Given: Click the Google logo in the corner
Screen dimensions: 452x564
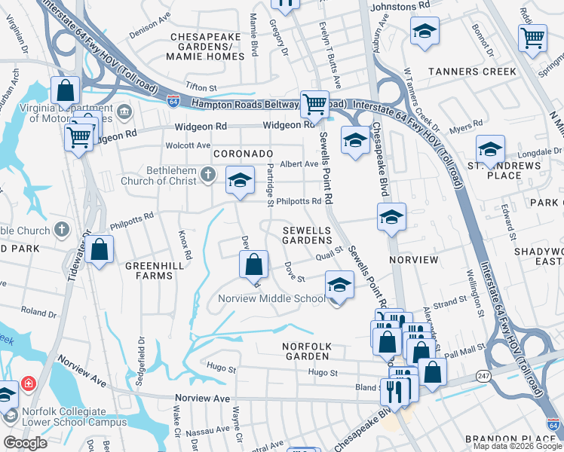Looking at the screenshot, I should [x=25, y=443].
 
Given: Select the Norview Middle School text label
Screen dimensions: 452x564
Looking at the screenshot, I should [x=271, y=298].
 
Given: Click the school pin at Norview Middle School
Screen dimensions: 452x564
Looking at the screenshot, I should [x=339, y=286].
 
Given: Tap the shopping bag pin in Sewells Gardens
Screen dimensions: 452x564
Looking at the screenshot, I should [x=254, y=264].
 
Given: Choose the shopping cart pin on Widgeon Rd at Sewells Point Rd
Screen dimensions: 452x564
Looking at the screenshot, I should [x=314, y=104].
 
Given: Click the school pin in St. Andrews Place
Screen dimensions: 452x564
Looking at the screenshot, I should [x=489, y=148].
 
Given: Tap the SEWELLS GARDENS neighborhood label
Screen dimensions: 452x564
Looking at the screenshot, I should [x=307, y=234].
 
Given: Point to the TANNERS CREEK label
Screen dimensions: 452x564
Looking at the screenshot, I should [x=472, y=72].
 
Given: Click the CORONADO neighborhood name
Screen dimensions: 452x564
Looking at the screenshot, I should [x=242, y=153].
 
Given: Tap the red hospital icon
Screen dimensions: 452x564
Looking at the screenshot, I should [x=29, y=383].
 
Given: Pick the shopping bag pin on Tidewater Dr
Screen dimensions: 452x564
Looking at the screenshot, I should [x=99, y=250].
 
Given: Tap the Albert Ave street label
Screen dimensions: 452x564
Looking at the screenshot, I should [x=299, y=164].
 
